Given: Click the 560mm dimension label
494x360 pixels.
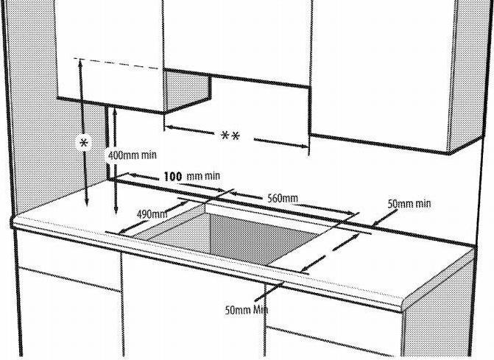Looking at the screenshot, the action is [282, 199].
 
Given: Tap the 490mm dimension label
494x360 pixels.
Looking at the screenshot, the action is [152, 214].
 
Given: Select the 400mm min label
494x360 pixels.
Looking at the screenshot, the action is [132, 155].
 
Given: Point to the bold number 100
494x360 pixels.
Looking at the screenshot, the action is [173, 177].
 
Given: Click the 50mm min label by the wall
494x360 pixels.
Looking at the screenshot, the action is [409, 204].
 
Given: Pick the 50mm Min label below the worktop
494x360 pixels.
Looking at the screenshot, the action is [247, 310].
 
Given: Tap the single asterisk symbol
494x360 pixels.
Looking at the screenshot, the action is [84, 144].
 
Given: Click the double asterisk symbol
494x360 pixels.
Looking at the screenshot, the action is [230, 136].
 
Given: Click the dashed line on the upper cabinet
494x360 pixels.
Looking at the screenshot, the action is [116, 63].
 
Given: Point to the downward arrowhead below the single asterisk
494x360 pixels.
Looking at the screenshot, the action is [87, 202].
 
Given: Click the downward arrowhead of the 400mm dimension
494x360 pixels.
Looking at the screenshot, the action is [116, 210].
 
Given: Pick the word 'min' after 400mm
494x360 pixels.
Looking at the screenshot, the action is [149, 155].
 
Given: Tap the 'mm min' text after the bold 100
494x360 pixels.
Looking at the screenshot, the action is [203, 176].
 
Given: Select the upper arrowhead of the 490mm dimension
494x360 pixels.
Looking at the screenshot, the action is [183, 204].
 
